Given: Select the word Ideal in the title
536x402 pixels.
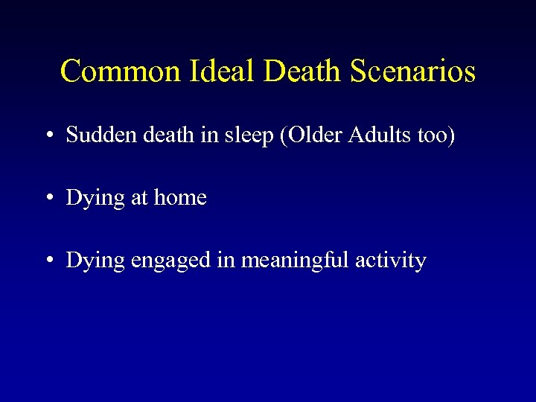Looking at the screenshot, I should tap(214, 71).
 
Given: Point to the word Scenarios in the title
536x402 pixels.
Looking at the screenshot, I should tap(412, 71).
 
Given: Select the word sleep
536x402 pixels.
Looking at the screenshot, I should tap(229, 136).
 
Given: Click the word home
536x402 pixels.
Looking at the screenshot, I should tap(180, 197).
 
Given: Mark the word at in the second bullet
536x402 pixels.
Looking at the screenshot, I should tap(138, 198).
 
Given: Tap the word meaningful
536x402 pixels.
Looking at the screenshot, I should tap(291, 261).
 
